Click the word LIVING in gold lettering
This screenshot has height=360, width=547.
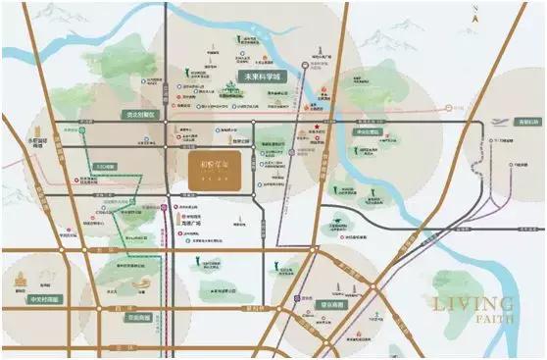(x=471, y=303)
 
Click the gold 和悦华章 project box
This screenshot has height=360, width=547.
(x=216, y=170)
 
